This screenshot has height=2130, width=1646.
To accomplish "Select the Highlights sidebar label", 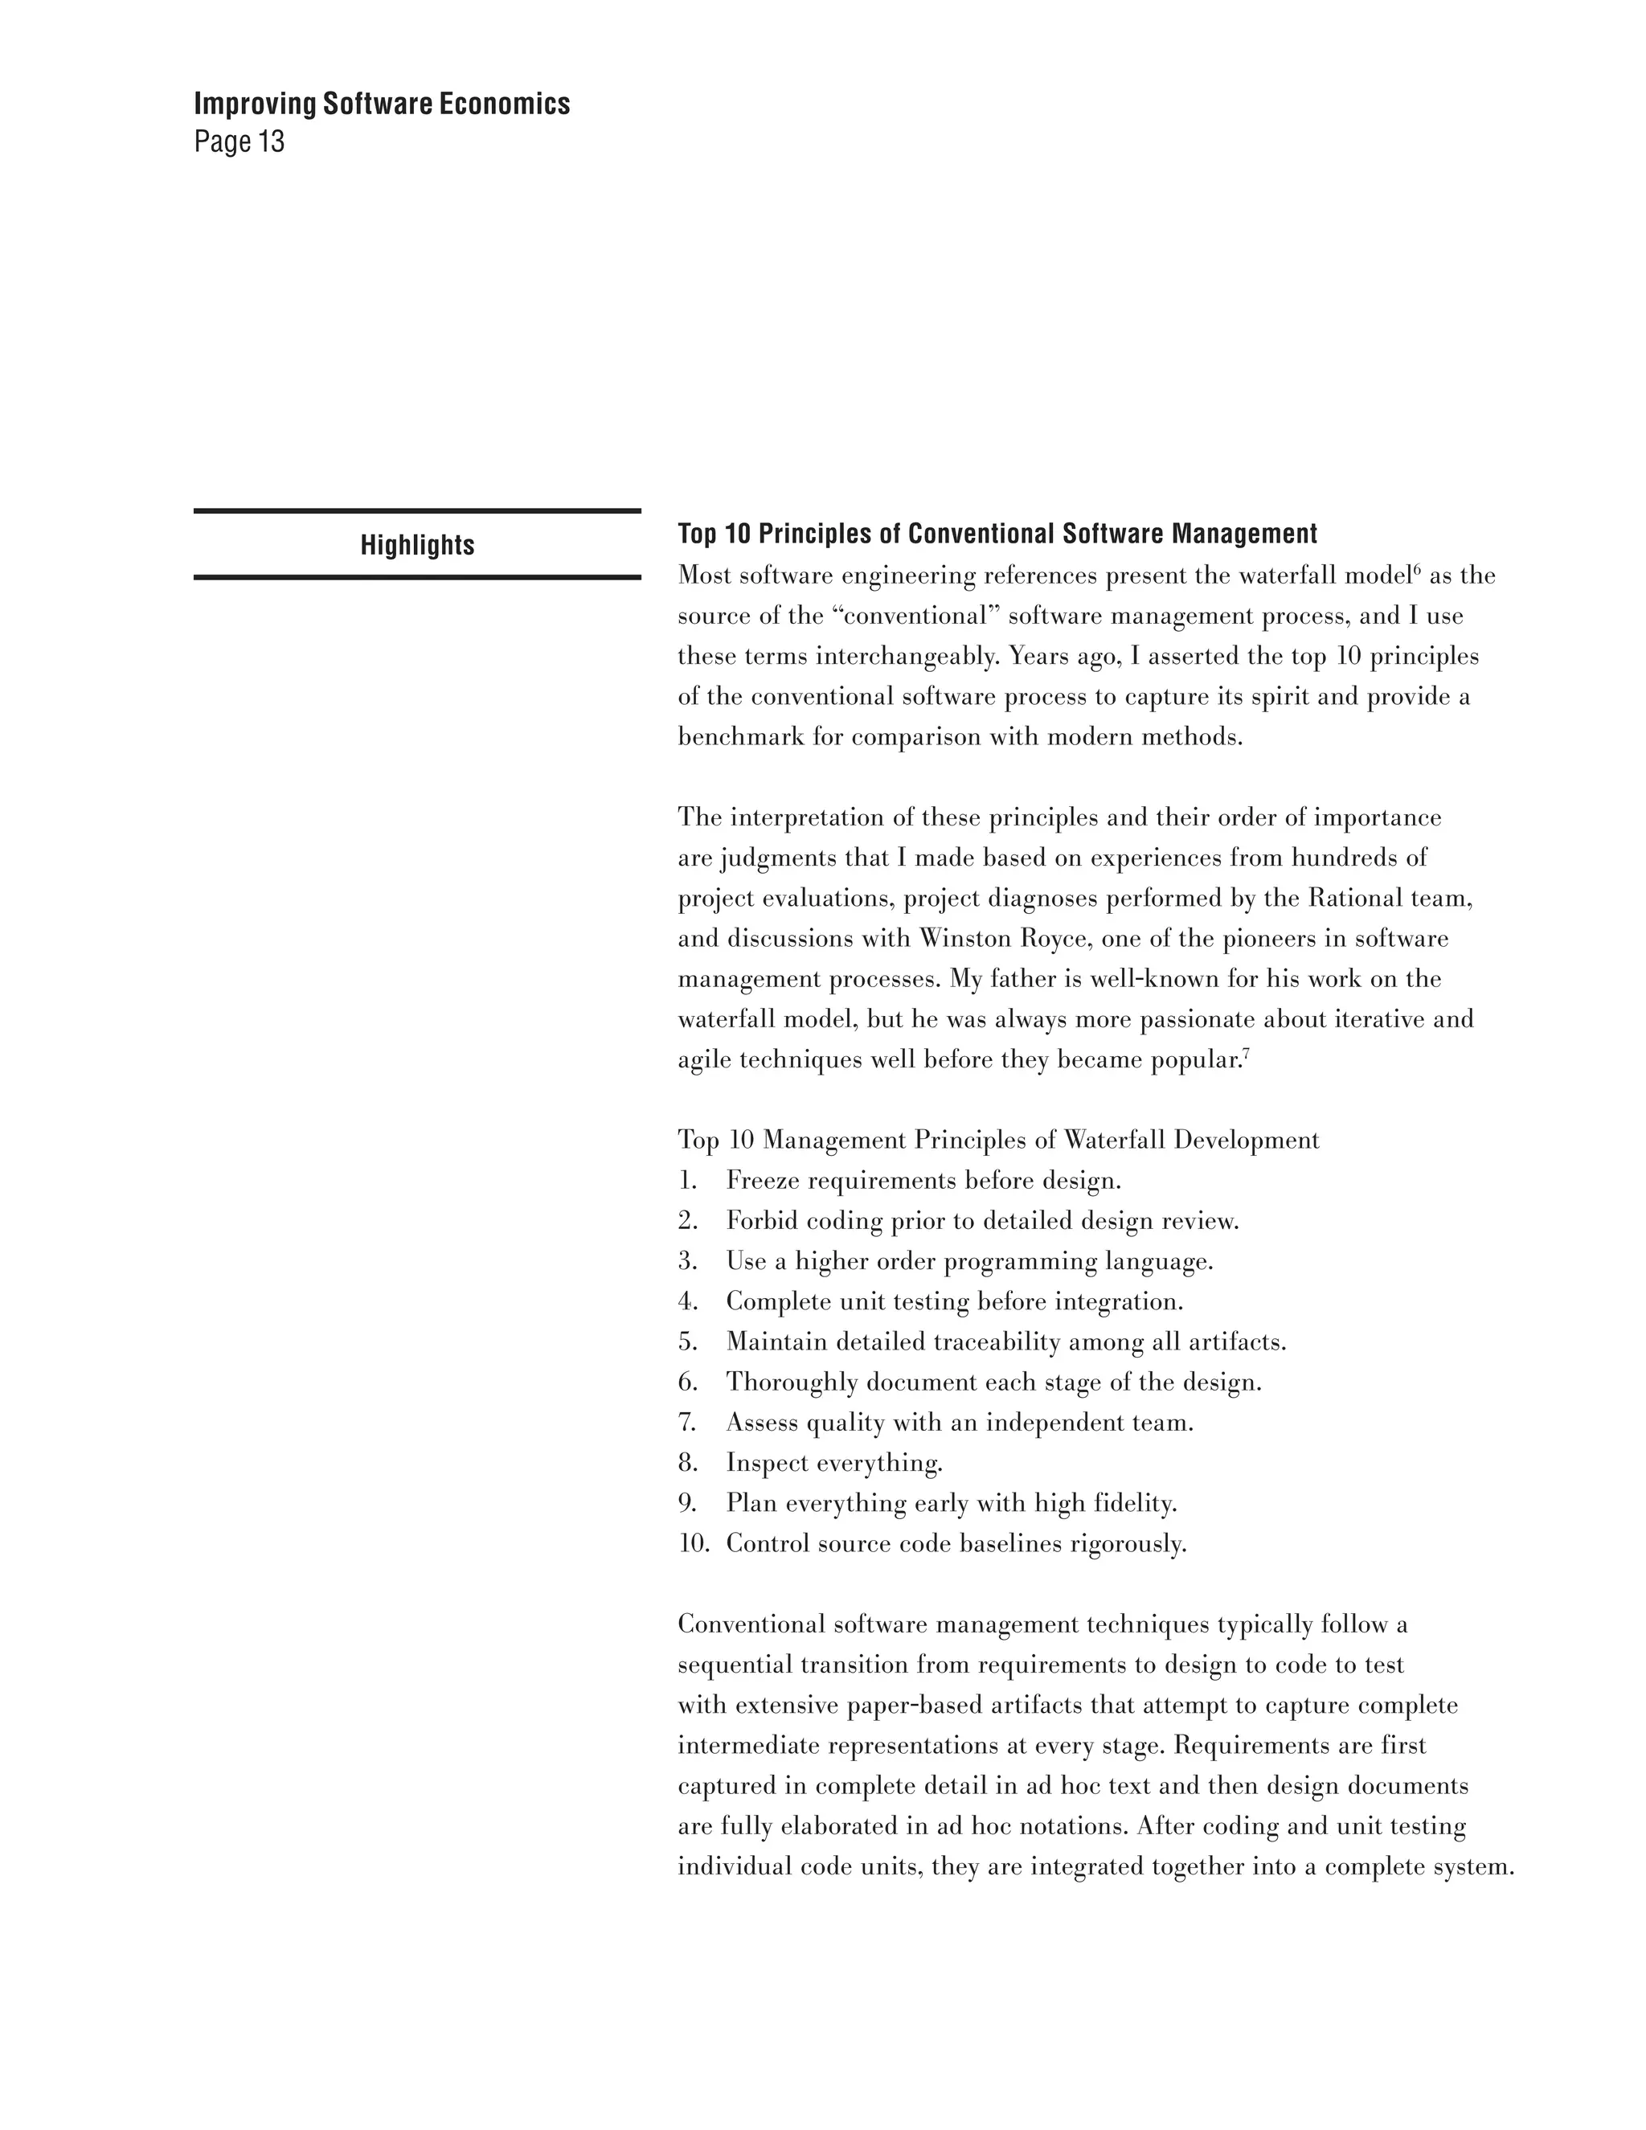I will tap(417, 545).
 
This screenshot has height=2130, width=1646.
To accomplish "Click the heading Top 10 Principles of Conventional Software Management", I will tap(997, 535).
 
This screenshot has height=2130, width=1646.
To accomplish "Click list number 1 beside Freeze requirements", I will tap(687, 1181).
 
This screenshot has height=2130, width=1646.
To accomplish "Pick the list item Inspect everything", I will tap(833, 1463).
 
